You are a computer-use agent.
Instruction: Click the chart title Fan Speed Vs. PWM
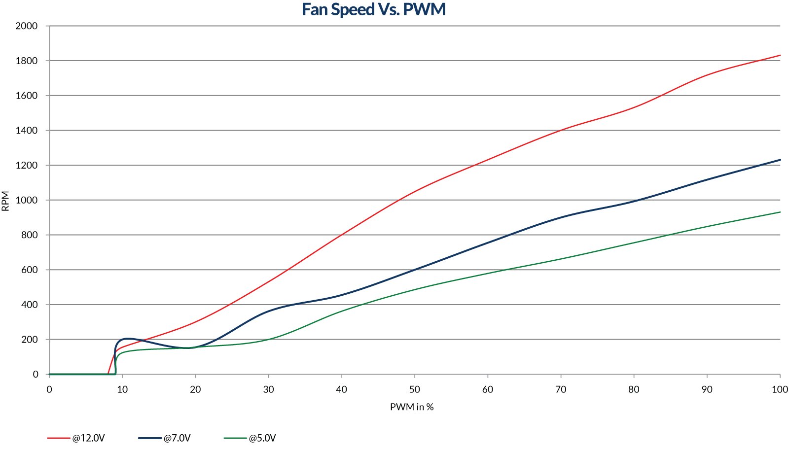pyautogui.click(x=373, y=9)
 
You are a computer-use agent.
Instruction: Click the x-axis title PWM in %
pyautogui.click(x=412, y=407)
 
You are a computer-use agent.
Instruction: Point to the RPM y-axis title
pyautogui.click(x=6, y=201)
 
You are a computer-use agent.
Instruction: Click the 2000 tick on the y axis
pyautogui.click(x=27, y=26)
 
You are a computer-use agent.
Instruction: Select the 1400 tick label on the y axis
pyautogui.click(x=27, y=131)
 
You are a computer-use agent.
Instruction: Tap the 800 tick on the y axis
pyautogui.click(x=29, y=235)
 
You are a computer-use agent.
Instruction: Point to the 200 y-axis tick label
pyautogui.click(x=29, y=340)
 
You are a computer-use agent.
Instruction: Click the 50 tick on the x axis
pyautogui.click(x=415, y=389)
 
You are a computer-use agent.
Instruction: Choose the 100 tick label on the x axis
pyautogui.click(x=780, y=389)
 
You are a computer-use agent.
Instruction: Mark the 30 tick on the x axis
pyautogui.click(x=268, y=389)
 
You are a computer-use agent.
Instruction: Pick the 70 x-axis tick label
pyautogui.click(x=561, y=389)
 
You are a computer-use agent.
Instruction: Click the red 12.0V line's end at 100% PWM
pyautogui.click(x=780, y=55)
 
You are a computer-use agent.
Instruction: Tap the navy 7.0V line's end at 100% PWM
pyautogui.click(x=780, y=160)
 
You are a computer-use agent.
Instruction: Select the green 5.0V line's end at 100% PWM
pyautogui.click(x=780, y=212)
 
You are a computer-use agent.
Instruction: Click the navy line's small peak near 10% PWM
pyautogui.click(x=127, y=339)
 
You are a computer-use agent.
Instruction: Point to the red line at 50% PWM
pyautogui.click(x=415, y=191)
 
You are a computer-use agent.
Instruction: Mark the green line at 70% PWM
pyautogui.click(x=561, y=259)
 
